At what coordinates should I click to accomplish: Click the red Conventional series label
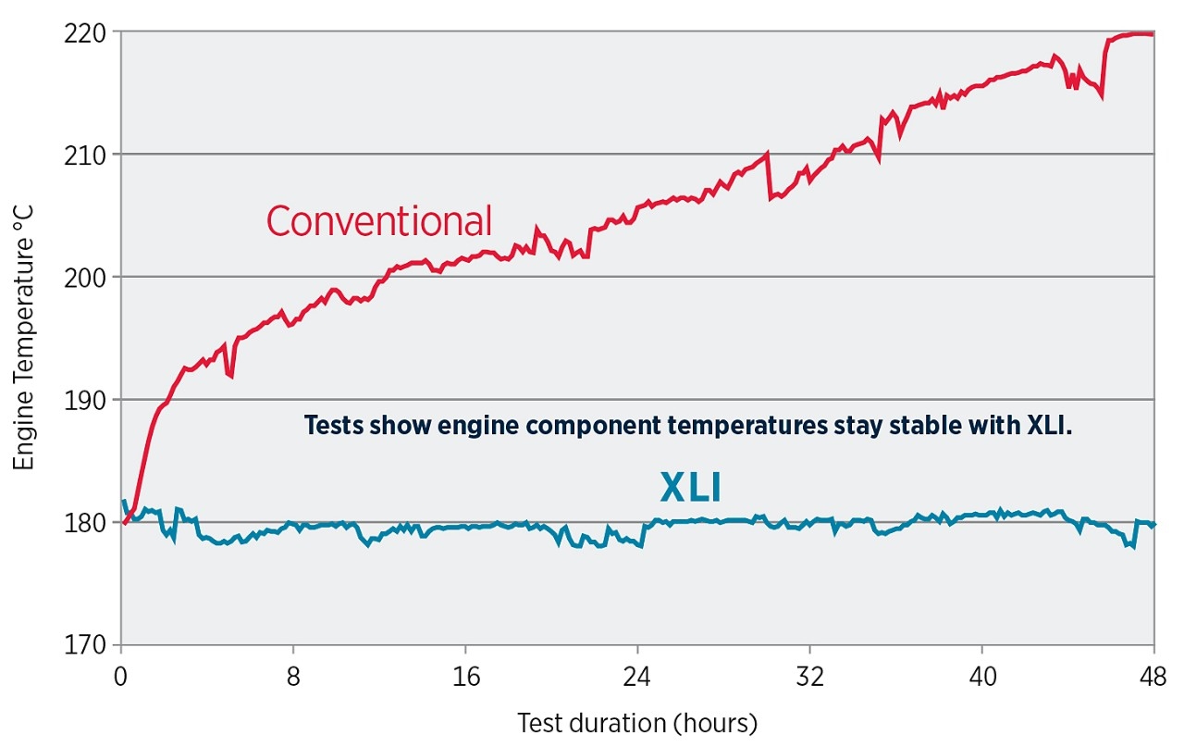click(379, 222)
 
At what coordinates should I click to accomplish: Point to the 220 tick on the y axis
click(89, 32)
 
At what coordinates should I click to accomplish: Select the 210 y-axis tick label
click(89, 155)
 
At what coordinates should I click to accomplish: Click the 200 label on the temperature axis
click(89, 278)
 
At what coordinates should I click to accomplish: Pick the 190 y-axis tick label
click(89, 400)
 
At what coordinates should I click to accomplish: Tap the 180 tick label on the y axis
click(89, 523)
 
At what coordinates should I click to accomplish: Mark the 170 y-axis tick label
click(89, 645)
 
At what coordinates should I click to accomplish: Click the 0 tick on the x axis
click(121, 676)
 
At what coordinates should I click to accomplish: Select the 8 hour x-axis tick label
click(293, 676)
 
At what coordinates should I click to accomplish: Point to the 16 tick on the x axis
click(465, 676)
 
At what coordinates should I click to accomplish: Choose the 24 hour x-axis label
click(637, 676)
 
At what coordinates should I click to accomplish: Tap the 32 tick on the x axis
click(809, 676)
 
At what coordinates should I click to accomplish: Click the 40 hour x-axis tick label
click(982, 676)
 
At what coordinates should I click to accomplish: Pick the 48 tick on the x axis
click(1153, 676)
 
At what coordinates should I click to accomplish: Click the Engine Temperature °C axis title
click(24, 338)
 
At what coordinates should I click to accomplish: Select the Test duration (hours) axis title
click(637, 723)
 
